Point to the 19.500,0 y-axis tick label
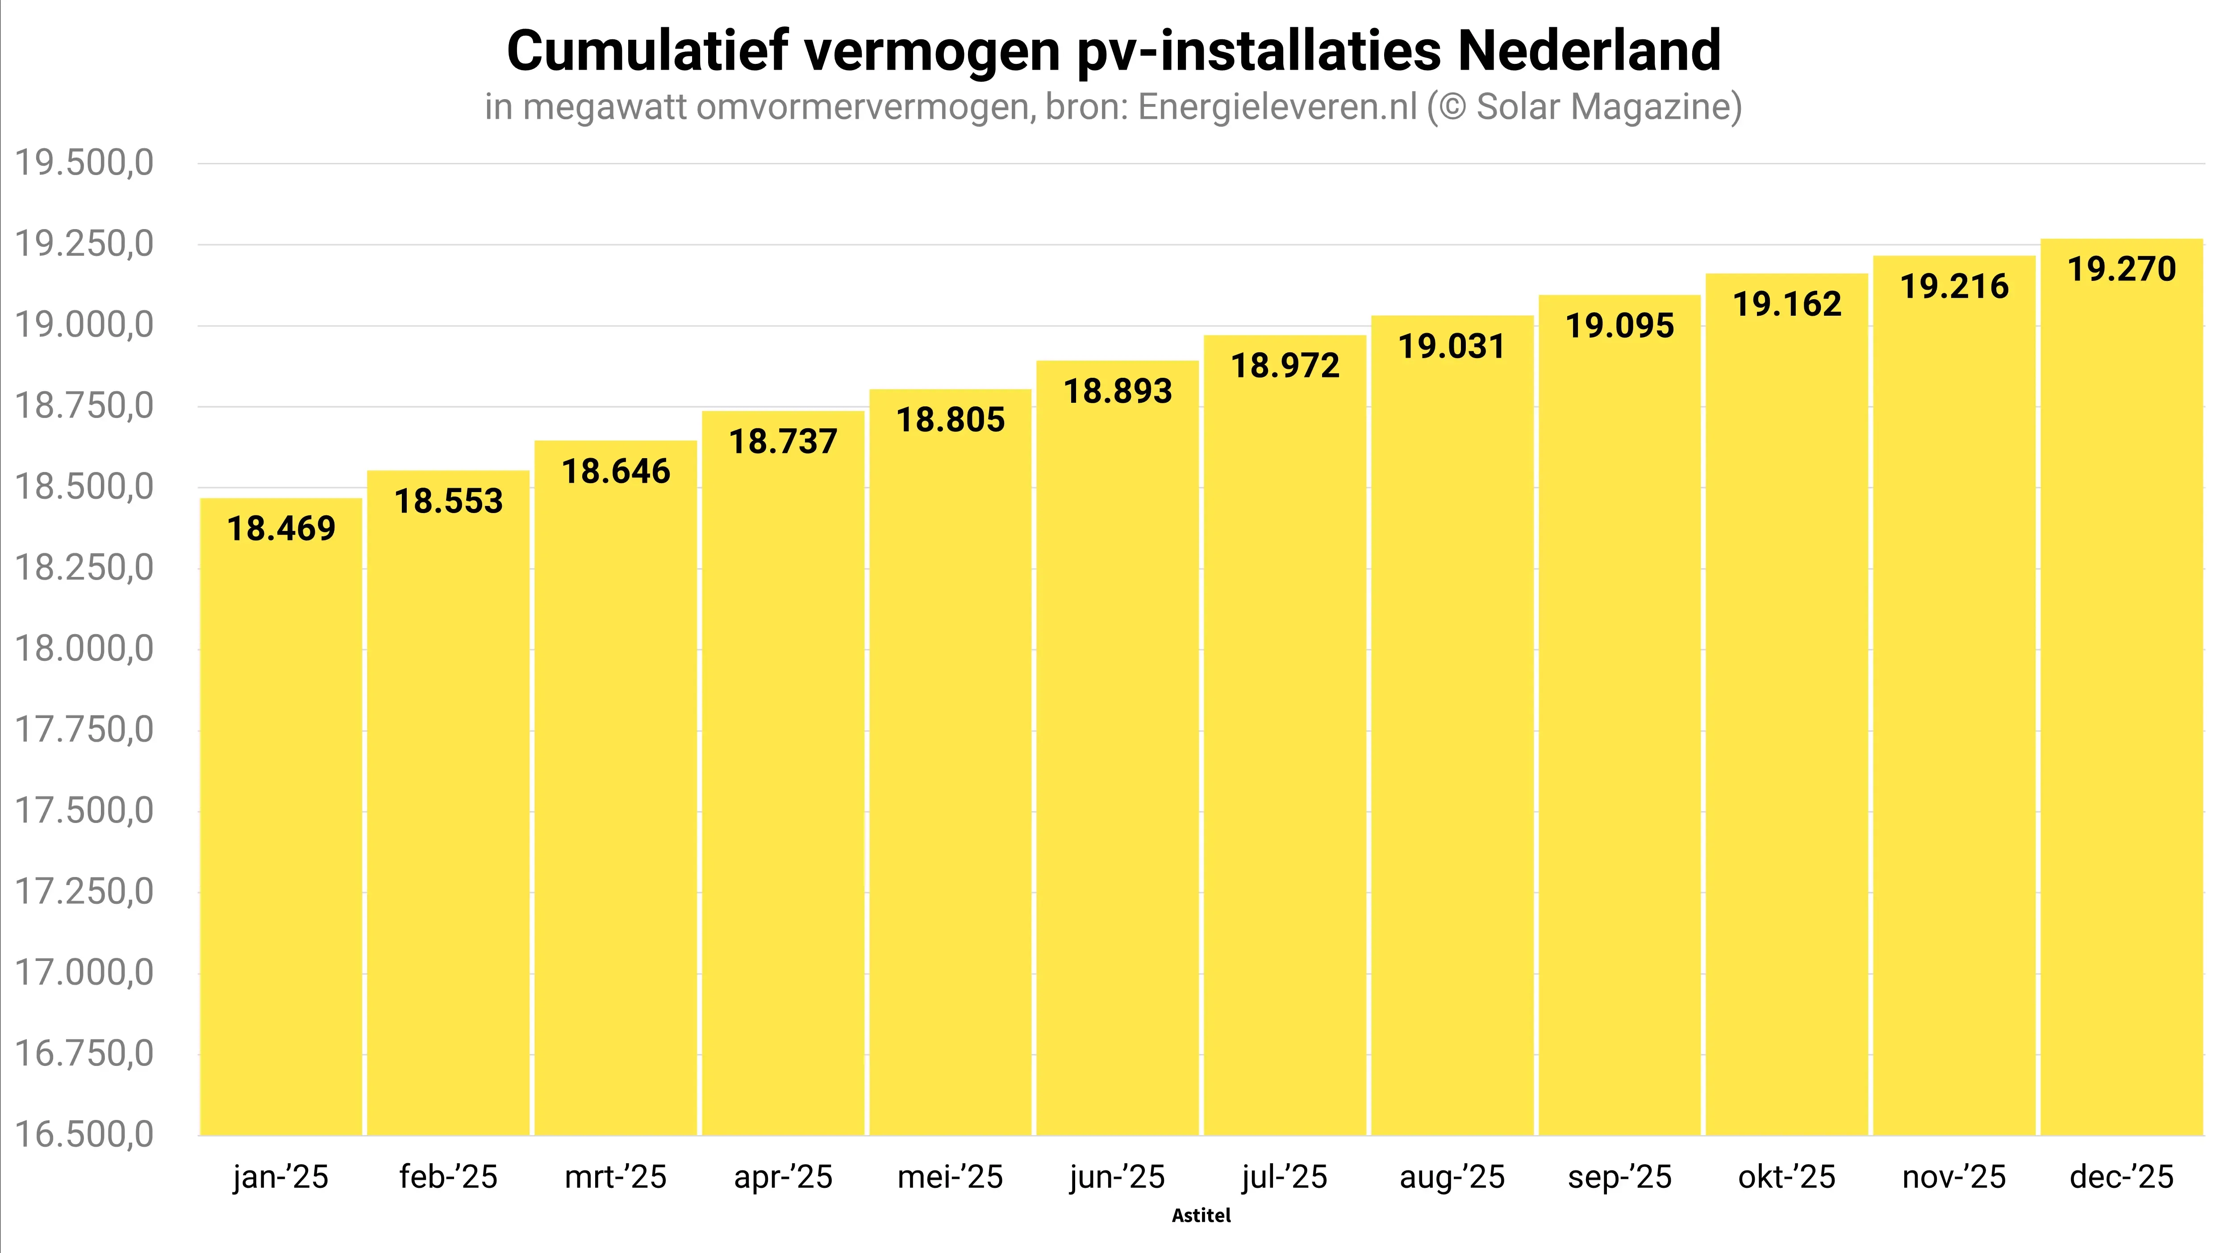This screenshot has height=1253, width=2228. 84,163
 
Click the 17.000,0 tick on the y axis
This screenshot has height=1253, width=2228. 84,973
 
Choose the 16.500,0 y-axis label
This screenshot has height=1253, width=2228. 84,1135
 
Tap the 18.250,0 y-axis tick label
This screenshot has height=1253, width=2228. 84,568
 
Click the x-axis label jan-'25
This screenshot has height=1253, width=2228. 280,1177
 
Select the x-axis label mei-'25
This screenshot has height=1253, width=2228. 950,1177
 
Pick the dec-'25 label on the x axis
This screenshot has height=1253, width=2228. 2121,1177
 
